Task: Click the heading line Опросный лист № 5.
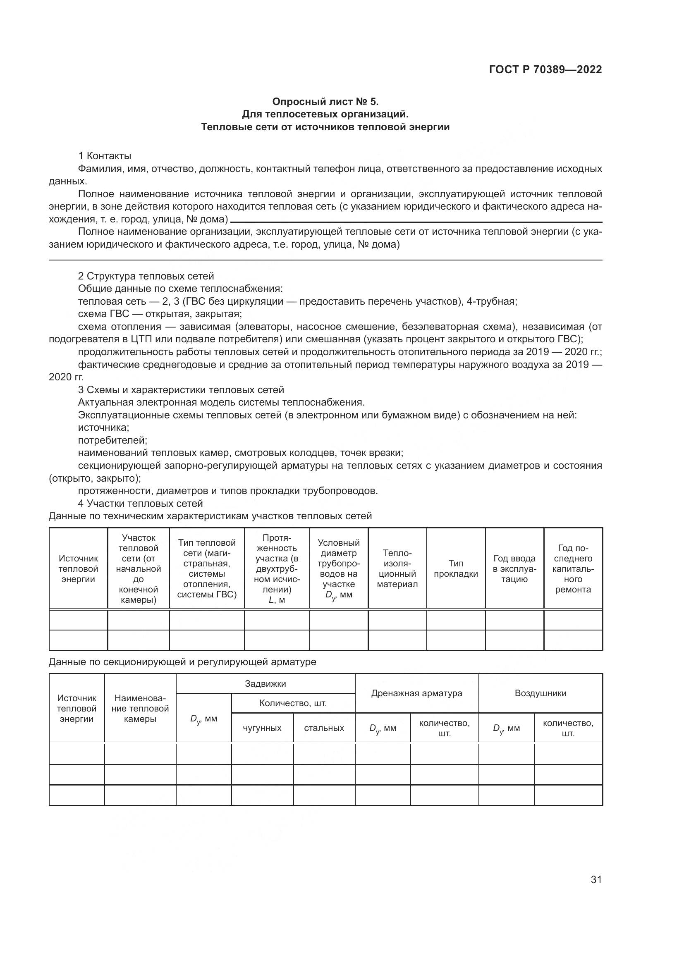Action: [325, 102]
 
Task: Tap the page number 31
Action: [596, 879]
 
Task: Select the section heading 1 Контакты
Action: [105, 156]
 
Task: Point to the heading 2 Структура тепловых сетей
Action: [146, 276]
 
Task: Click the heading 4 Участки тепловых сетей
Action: [140, 503]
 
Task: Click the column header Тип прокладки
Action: [456, 568]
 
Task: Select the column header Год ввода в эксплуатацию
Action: [514, 568]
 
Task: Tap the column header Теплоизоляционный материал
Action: [397, 568]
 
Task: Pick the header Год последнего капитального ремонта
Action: [573, 568]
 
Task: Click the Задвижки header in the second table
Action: [265, 683]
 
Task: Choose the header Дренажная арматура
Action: [416, 693]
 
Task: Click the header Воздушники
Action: [541, 693]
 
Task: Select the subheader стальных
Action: [324, 728]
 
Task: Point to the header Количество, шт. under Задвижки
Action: [293, 703]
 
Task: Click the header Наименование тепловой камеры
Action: [140, 709]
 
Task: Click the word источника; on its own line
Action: [104, 427]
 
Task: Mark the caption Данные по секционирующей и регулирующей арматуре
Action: [182, 661]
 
